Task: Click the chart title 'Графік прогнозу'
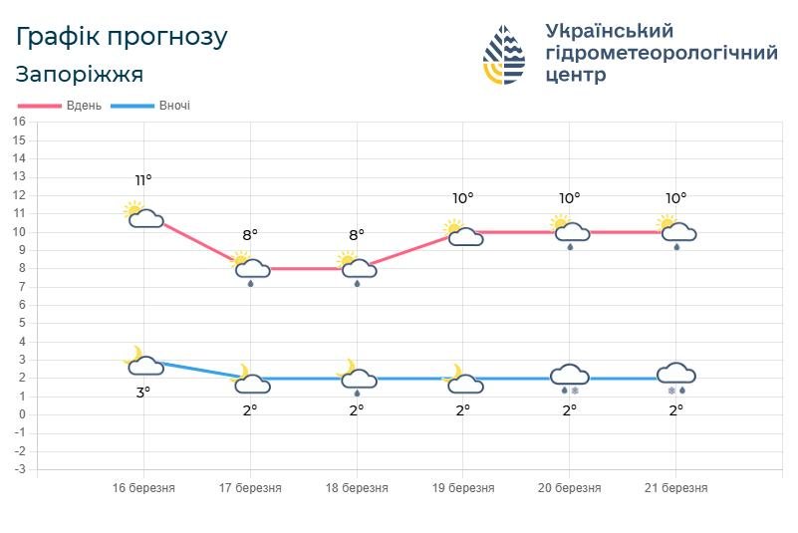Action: [122, 37]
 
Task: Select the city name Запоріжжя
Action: [80, 75]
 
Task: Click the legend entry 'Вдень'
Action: [61, 106]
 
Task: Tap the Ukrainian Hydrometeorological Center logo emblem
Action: [504, 55]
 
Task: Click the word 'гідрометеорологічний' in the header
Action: [662, 53]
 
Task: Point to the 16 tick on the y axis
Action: [19, 122]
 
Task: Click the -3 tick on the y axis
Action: [19, 469]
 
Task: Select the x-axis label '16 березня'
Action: [143, 488]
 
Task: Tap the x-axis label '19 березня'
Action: [462, 488]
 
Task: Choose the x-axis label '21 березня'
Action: [675, 488]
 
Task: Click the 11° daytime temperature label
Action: [143, 180]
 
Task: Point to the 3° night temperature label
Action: [143, 393]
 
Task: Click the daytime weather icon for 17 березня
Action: [250, 269]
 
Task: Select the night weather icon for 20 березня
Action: [570, 379]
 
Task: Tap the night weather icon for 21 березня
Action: [675, 379]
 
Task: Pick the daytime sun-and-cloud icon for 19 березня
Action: [462, 233]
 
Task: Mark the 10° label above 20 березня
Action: [569, 198]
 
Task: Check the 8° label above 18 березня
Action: [356, 235]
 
